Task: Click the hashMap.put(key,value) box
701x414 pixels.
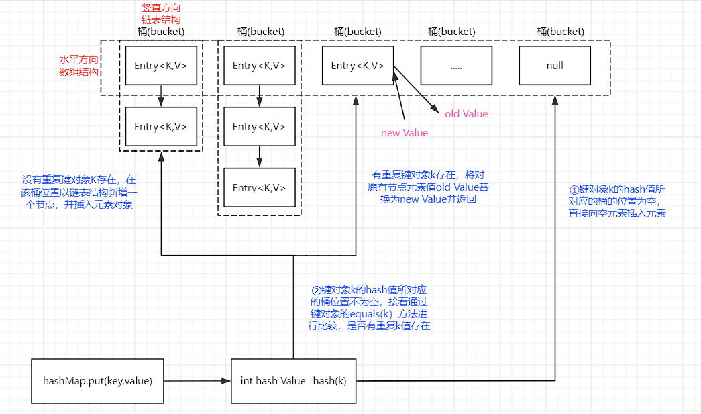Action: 97,381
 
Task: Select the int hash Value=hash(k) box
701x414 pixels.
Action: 293,381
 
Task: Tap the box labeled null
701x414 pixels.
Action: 555,66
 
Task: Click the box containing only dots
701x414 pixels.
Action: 456,66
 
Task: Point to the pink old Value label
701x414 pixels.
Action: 466,114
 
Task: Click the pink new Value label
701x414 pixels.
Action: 405,133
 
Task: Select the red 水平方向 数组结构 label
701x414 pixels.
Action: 78,65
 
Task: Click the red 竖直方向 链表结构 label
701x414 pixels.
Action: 161,13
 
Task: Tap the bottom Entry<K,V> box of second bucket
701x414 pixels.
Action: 259,187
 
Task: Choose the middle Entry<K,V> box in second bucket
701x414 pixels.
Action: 259,126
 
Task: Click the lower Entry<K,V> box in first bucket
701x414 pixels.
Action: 161,126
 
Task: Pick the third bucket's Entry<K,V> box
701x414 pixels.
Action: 358,65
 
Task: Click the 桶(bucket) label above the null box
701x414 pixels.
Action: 560,32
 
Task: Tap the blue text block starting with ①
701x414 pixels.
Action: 616,201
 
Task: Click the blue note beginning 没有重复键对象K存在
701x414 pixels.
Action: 78,193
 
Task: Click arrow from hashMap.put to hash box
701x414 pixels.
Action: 195,381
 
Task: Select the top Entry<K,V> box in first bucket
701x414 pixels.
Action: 161,65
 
